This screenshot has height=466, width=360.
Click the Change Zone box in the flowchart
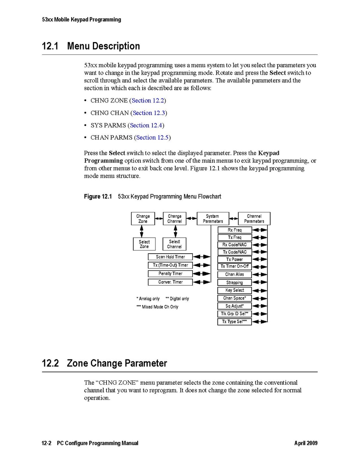tap(143, 219)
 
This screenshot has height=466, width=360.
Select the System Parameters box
tap(213, 219)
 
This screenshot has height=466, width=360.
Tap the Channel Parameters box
tap(254, 219)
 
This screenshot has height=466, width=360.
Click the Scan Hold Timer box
tap(170, 257)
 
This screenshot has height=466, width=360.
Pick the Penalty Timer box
tap(170, 273)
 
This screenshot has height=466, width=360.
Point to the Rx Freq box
tap(234, 230)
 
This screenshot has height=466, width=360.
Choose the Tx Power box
tap(234, 259)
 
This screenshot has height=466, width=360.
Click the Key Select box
tap(234, 290)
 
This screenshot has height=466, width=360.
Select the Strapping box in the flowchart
tap(234, 282)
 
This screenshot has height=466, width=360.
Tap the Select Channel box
tap(174, 244)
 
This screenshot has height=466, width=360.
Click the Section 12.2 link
tap(148, 100)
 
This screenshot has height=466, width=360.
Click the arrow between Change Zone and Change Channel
tap(159, 219)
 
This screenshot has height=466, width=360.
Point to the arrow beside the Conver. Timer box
tap(202, 282)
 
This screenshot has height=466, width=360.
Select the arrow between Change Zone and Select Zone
tap(142, 231)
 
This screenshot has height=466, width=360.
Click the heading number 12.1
tap(50, 46)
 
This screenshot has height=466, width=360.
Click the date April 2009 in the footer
tap(306, 443)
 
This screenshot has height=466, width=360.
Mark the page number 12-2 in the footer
tap(47, 443)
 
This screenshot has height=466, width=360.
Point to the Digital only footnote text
tap(177, 299)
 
